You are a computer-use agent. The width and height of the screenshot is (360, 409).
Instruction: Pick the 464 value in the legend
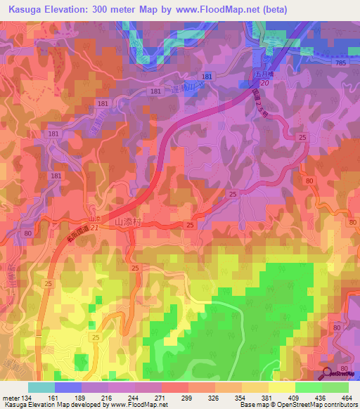347,398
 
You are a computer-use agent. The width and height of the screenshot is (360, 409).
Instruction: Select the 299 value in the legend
188,398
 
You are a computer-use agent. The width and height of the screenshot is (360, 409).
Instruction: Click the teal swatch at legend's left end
41,387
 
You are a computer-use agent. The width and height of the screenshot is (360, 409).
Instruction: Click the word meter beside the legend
11,398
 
